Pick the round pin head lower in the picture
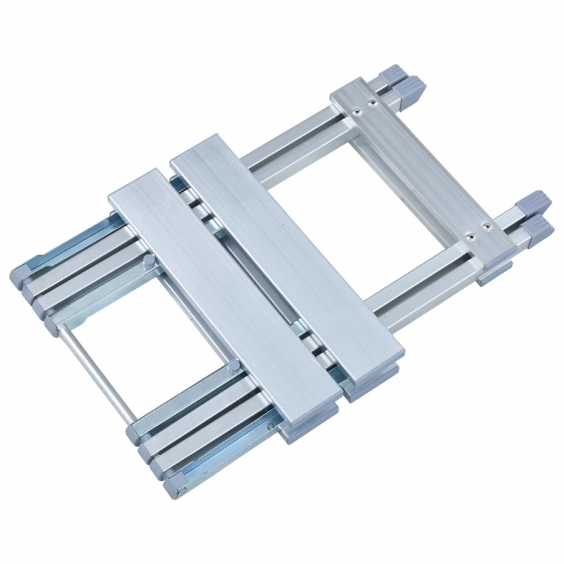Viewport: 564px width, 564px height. pos(231,365)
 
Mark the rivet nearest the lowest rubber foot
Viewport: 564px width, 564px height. pos(486,228)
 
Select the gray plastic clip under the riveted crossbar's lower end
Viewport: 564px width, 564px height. pos(491,274)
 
